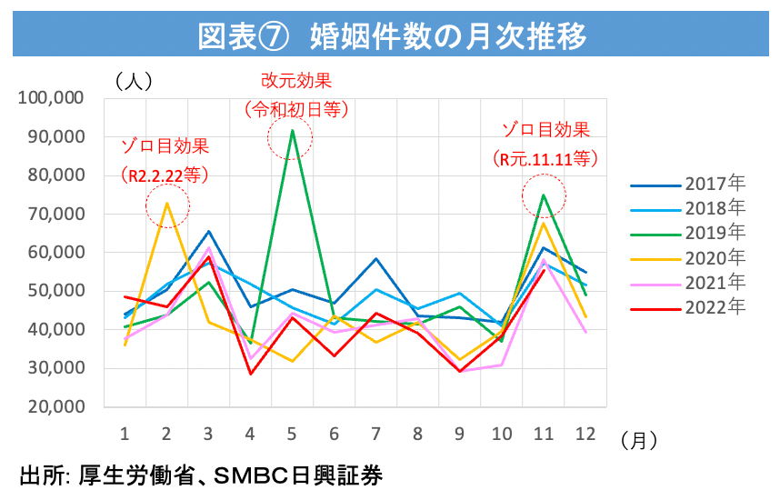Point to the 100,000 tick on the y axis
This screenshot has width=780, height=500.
pyautogui.click(x=52, y=98)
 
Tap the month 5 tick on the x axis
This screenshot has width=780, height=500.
pyautogui.click(x=293, y=434)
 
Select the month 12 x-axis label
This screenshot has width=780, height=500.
pyautogui.click(x=586, y=434)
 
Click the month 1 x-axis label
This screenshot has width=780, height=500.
pyautogui.click(x=125, y=434)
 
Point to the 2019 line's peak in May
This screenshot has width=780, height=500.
pyautogui.click(x=292, y=130)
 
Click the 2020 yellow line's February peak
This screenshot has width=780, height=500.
pyautogui.click(x=166, y=203)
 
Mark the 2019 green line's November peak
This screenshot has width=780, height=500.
pyautogui.click(x=544, y=195)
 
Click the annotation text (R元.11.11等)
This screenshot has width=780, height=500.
pyautogui.click(x=545, y=157)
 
